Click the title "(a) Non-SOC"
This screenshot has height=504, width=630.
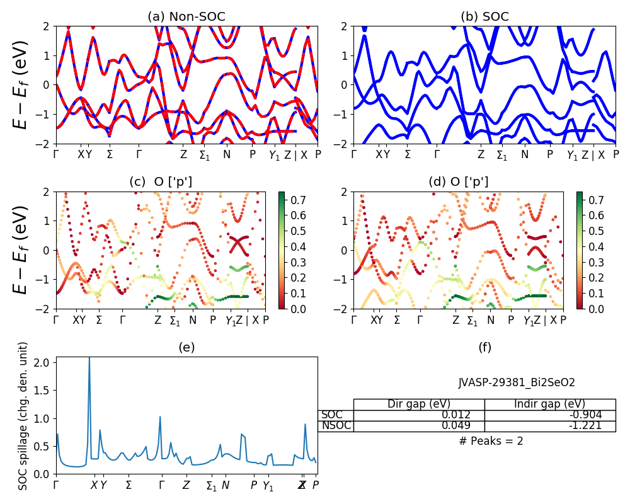(x=186, y=17)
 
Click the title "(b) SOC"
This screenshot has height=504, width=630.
(x=484, y=17)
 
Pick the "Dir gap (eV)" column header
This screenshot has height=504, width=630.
(x=418, y=404)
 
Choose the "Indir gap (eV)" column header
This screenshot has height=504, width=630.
(x=549, y=404)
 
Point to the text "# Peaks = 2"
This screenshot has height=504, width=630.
(x=491, y=441)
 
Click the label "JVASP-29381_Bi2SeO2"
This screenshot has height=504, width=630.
(x=516, y=382)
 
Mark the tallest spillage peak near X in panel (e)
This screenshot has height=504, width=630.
(x=89, y=358)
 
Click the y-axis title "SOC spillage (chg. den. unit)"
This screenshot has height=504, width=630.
(x=23, y=416)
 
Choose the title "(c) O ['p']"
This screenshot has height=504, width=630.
(x=161, y=182)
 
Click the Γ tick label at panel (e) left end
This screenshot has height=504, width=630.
(x=56, y=485)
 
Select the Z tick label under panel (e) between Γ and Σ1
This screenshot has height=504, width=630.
(x=186, y=485)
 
